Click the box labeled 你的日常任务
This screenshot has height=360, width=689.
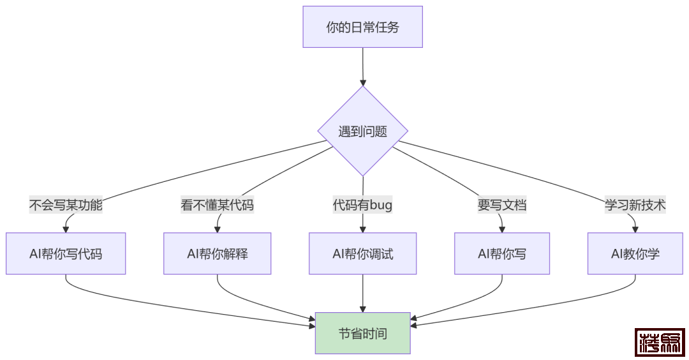[362, 27]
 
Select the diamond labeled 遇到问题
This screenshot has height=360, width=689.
[362, 131]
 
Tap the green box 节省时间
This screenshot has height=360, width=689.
[362, 333]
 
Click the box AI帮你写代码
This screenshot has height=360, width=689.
[66, 253]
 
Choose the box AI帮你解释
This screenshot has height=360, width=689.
[217, 253]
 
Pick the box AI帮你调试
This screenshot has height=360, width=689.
[362, 253]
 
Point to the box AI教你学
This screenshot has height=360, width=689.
[635, 253]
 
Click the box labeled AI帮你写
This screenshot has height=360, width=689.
[501, 253]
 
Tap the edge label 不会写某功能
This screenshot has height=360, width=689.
[66, 205]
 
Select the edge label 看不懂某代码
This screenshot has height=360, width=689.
[217, 205]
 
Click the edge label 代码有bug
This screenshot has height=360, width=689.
[362, 205]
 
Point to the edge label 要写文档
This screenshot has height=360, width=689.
[501, 205]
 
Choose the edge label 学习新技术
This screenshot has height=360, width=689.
[635, 205]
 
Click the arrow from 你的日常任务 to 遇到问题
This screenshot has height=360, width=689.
[362, 64]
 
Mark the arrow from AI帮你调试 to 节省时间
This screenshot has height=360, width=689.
[362, 294]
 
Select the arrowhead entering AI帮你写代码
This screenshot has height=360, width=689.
[66, 229]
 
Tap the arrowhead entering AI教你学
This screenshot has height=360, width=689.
[635, 229]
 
